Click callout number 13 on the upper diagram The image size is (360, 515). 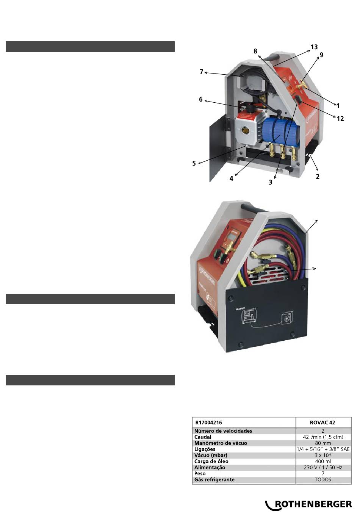point(314,47)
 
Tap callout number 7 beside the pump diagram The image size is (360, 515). point(201,72)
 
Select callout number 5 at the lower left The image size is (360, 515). point(194,163)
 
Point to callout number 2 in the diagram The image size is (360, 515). point(318,177)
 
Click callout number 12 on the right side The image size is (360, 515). point(340,119)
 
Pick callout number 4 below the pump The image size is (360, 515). point(231,178)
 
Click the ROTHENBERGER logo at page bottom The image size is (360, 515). point(309,505)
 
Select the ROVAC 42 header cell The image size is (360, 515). point(322,423)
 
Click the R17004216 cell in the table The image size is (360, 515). point(208,423)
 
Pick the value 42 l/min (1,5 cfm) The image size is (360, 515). point(323,437)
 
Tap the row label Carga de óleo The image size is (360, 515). point(211,462)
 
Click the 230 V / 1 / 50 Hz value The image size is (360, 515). point(323,467)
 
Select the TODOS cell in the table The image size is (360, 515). point(323,480)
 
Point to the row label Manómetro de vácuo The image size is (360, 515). point(221,443)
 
